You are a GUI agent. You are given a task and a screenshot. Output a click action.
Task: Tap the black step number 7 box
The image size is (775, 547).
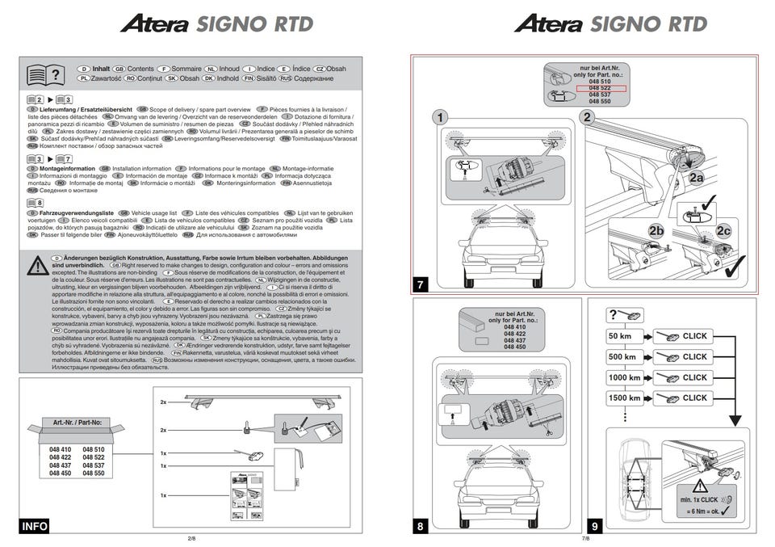(421, 284)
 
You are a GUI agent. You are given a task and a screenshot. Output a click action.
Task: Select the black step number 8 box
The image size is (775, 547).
(421, 527)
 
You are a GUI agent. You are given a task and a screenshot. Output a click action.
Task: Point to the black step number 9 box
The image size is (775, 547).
(594, 527)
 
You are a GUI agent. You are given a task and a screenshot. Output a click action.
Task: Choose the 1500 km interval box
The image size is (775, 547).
(624, 398)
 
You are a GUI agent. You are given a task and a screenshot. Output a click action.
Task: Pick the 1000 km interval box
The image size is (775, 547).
(624, 377)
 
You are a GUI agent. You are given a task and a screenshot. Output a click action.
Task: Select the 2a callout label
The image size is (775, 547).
(695, 177)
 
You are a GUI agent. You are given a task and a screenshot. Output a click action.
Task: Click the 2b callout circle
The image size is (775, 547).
(656, 231)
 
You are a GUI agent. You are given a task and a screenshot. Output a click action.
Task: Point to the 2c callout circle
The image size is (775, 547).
(723, 231)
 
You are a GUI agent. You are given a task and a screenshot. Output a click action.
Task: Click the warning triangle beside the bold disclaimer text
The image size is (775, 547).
(37, 266)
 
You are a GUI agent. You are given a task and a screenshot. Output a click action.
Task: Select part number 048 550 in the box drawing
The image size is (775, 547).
(94, 473)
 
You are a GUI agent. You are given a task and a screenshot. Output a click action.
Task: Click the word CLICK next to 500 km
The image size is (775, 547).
(694, 356)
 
